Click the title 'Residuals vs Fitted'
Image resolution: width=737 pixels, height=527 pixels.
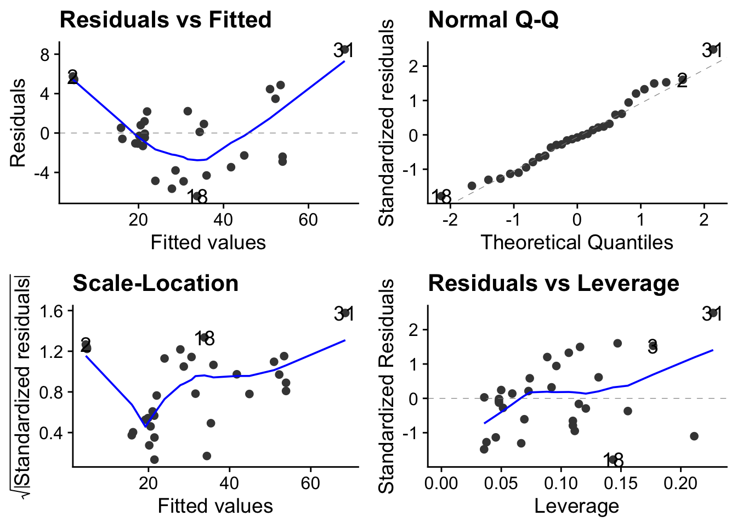(x=165, y=20)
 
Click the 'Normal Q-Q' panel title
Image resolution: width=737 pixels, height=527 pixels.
(x=493, y=20)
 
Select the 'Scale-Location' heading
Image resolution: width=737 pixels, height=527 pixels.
(x=155, y=283)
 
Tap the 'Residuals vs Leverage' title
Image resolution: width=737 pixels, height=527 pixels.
(x=553, y=283)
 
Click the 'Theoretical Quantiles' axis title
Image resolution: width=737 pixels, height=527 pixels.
(x=577, y=242)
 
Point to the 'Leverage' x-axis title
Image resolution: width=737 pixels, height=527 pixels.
(x=577, y=506)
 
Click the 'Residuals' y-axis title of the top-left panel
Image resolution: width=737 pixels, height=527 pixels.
(x=18, y=123)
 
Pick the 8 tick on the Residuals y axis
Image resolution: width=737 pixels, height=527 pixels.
(x=44, y=54)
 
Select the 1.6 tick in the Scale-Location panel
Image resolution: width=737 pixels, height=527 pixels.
(x=53, y=311)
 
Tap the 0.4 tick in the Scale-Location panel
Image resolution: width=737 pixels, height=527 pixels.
(x=53, y=433)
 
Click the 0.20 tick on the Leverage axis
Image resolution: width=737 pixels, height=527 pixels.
(x=680, y=484)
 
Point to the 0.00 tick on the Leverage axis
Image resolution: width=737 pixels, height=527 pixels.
(x=441, y=484)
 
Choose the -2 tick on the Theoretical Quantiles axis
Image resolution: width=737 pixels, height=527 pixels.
(x=450, y=220)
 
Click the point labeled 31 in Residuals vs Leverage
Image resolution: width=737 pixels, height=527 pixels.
(x=714, y=313)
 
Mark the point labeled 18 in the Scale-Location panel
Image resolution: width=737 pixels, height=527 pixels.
(x=204, y=338)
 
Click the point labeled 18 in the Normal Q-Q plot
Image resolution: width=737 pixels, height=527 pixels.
(x=441, y=195)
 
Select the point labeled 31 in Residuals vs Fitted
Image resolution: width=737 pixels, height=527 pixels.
(x=345, y=49)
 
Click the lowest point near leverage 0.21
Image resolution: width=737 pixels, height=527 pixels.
(x=694, y=436)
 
